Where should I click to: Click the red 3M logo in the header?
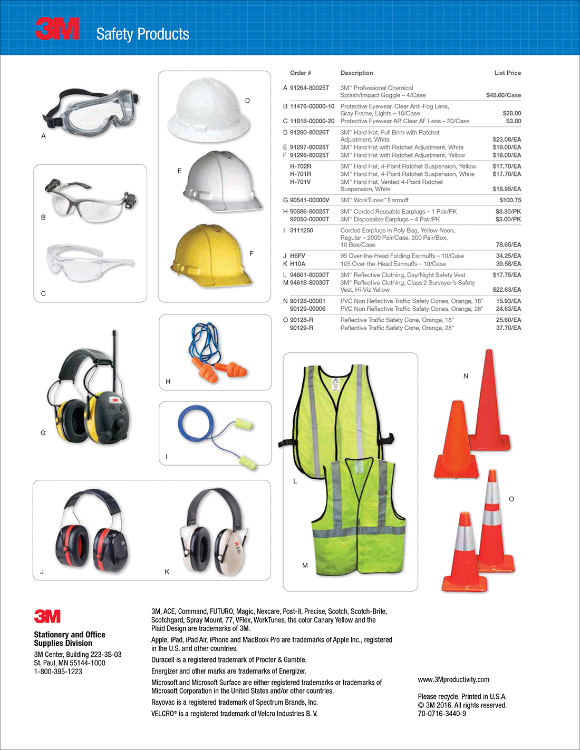(x=57, y=29)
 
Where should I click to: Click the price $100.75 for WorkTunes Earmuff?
(x=510, y=200)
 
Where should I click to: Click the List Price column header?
(x=507, y=73)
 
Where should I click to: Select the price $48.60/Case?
(x=503, y=95)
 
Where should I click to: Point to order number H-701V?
(x=301, y=182)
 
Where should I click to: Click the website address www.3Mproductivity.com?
(x=453, y=679)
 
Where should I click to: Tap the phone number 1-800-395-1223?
(x=58, y=672)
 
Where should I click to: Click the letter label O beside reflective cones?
(x=511, y=499)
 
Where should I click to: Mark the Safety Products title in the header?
(x=142, y=34)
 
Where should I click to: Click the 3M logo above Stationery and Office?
(x=47, y=616)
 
